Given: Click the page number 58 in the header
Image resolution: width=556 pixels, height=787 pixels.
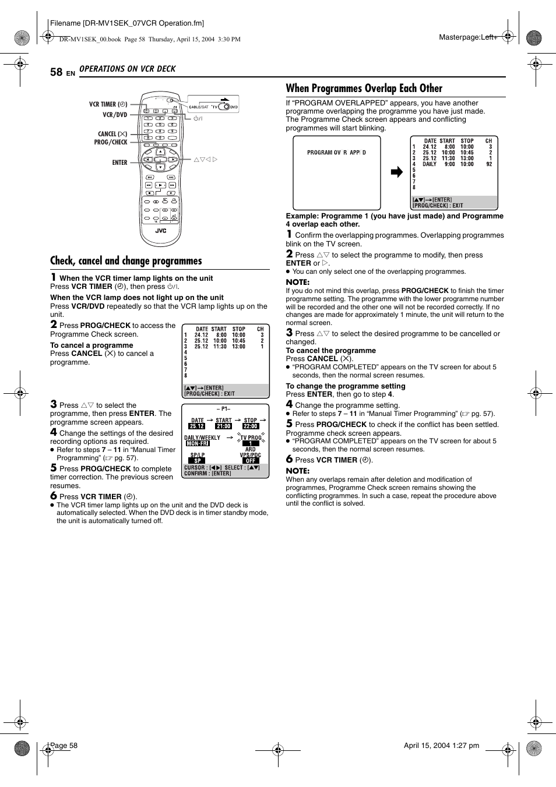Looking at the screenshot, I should [x=56, y=72].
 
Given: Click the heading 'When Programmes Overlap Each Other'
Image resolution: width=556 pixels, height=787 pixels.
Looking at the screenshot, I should [x=364, y=89].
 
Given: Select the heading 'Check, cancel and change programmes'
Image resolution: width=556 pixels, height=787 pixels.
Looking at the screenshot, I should [x=126, y=261].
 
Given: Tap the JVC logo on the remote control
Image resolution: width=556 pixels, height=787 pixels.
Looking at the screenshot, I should [x=160, y=231].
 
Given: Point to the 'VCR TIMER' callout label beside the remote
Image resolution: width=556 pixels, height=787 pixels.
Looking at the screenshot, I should [x=108, y=104].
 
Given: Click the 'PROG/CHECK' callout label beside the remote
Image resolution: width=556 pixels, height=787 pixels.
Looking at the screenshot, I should [x=111, y=142].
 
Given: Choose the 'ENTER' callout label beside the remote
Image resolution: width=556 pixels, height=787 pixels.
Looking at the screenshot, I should [x=119, y=163].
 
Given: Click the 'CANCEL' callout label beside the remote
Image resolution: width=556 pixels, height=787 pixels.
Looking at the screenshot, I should [x=112, y=134].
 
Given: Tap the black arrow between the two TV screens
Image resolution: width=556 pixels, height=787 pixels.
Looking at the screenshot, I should [x=396, y=172].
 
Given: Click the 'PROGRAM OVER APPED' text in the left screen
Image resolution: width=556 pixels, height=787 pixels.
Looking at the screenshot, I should [x=336, y=153].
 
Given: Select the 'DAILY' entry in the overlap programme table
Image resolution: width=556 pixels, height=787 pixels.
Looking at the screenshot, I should [x=430, y=164].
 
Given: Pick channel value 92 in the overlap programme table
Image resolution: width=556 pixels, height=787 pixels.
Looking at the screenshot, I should [x=489, y=164].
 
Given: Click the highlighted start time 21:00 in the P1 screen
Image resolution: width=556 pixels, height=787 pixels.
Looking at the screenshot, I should [x=224, y=426].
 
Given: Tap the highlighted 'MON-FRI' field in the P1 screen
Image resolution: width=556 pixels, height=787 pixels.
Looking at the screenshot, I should [x=198, y=443].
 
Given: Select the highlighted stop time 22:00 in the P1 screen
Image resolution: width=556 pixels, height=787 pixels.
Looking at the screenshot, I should [x=251, y=426].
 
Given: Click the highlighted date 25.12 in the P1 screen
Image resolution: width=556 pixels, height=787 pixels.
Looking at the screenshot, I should [x=197, y=426].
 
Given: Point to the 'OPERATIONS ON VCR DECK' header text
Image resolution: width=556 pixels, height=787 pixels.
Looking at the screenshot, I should [x=127, y=69].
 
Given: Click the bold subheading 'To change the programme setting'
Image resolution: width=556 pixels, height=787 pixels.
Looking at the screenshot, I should [x=345, y=386].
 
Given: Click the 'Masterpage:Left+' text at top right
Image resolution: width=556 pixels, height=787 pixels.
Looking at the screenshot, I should [x=468, y=37].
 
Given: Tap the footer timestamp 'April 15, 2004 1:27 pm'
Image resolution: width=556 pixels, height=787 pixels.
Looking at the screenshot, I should [x=441, y=746].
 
